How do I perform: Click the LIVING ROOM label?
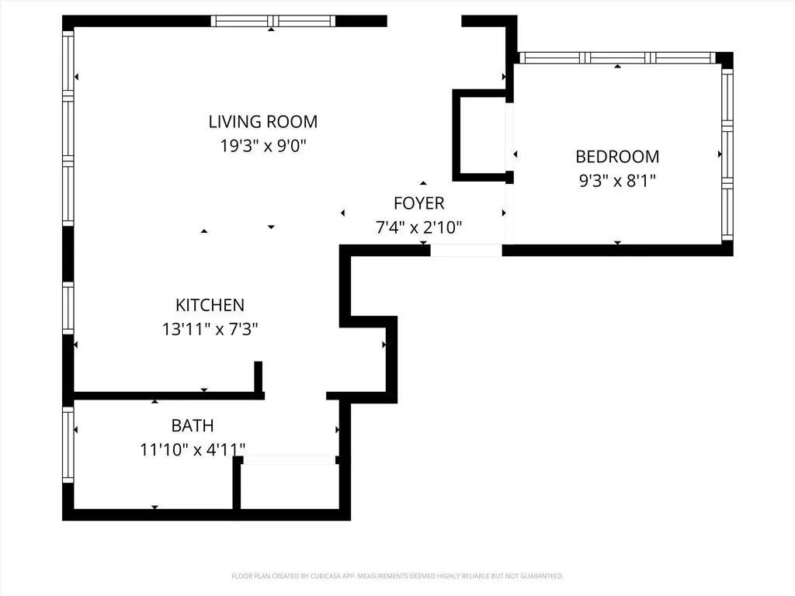(x=262, y=122)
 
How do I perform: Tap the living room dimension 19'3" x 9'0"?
(x=262, y=146)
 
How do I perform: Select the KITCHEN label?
(x=210, y=306)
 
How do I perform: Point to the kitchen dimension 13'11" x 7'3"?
(x=210, y=329)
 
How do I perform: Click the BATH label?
(x=192, y=426)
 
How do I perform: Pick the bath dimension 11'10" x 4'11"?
(x=192, y=449)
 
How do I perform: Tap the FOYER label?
(x=418, y=203)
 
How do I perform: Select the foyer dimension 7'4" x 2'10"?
(x=418, y=227)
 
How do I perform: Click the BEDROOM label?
(x=616, y=157)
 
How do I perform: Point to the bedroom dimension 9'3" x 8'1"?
(x=616, y=181)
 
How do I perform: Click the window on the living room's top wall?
(x=273, y=21)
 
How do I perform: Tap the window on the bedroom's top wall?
(x=616, y=57)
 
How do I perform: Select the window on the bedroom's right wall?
(x=727, y=155)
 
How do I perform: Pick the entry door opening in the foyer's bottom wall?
(x=466, y=250)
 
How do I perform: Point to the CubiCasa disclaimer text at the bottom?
(x=397, y=576)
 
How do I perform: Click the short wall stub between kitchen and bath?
(x=258, y=377)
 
